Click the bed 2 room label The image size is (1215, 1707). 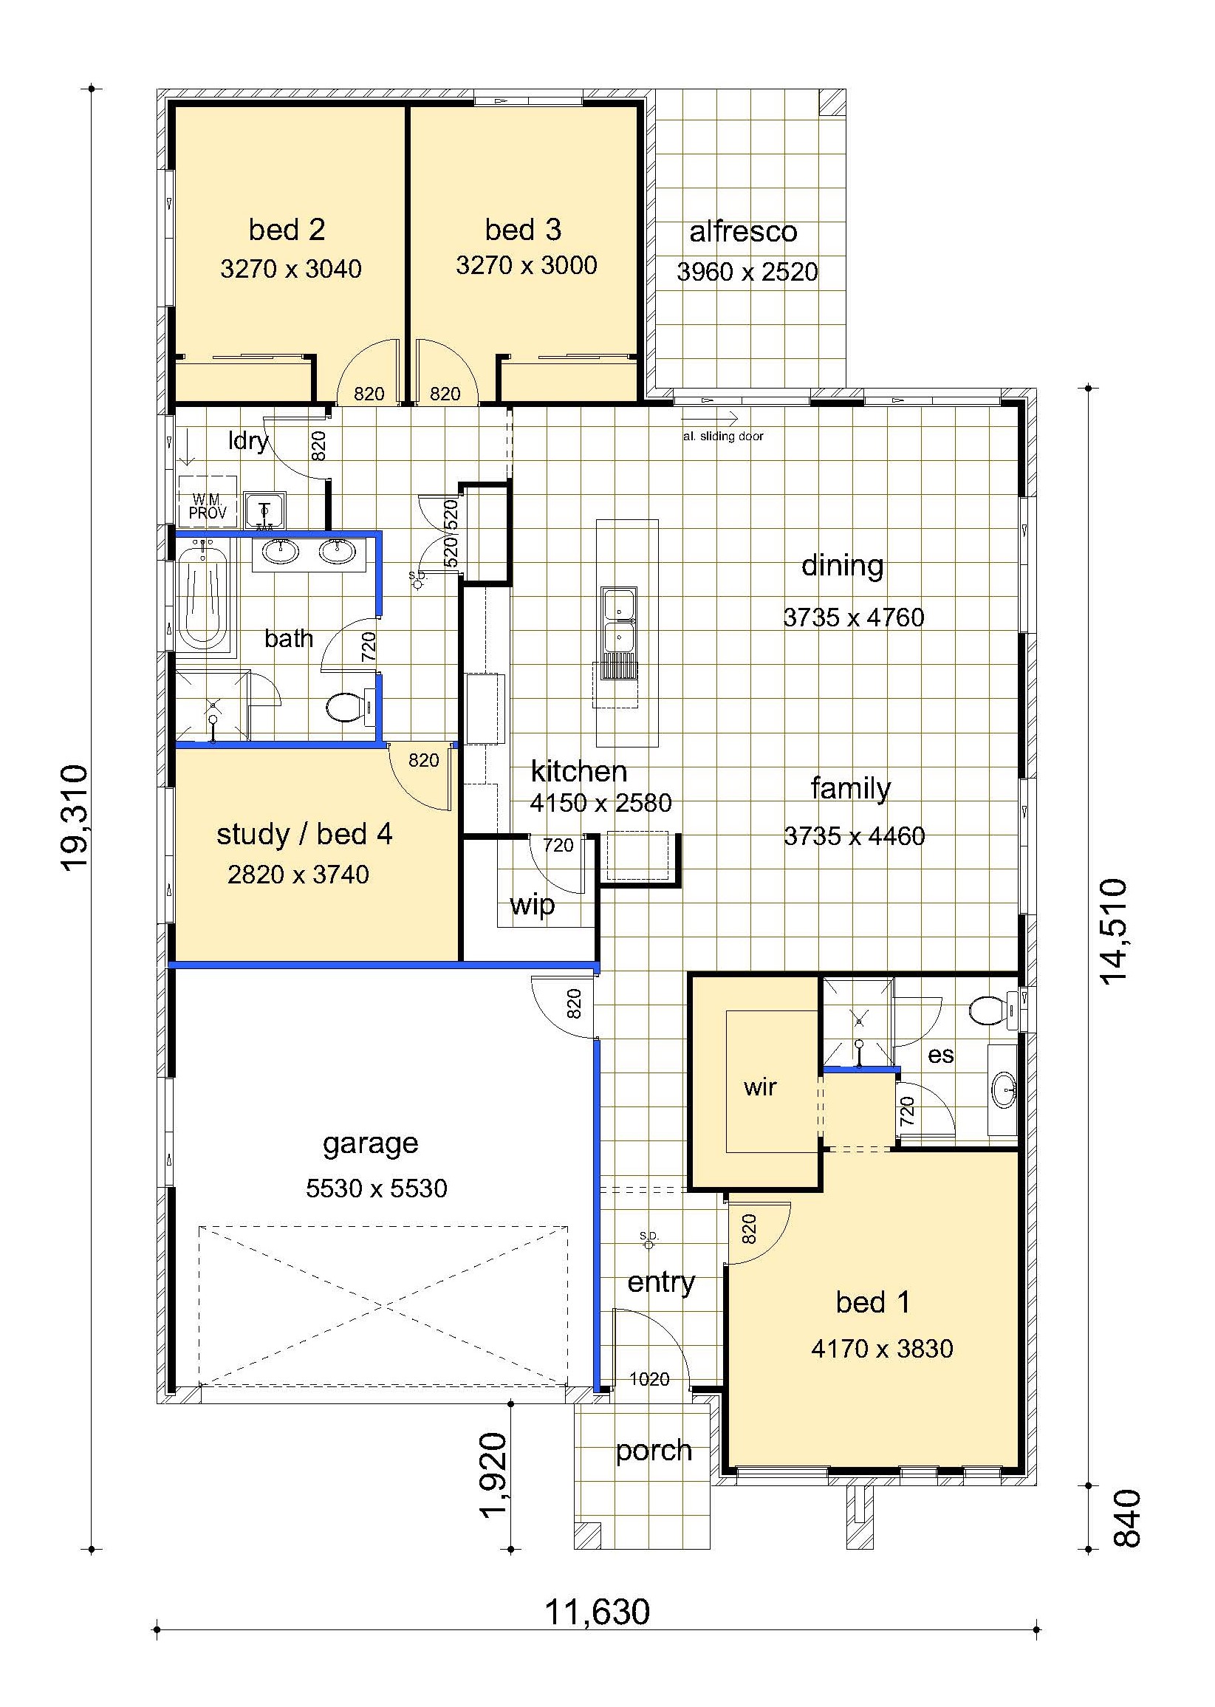[287, 230]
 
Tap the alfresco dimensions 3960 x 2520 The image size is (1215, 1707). [747, 271]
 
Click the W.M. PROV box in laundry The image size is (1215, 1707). [208, 502]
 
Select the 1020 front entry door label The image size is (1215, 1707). [649, 1378]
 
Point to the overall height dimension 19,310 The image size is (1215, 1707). [75, 818]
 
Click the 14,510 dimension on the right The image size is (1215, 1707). [1112, 931]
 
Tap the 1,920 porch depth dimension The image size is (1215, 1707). [494, 1474]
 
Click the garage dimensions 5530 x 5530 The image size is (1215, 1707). [377, 1188]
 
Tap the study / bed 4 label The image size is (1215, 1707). [304, 834]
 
